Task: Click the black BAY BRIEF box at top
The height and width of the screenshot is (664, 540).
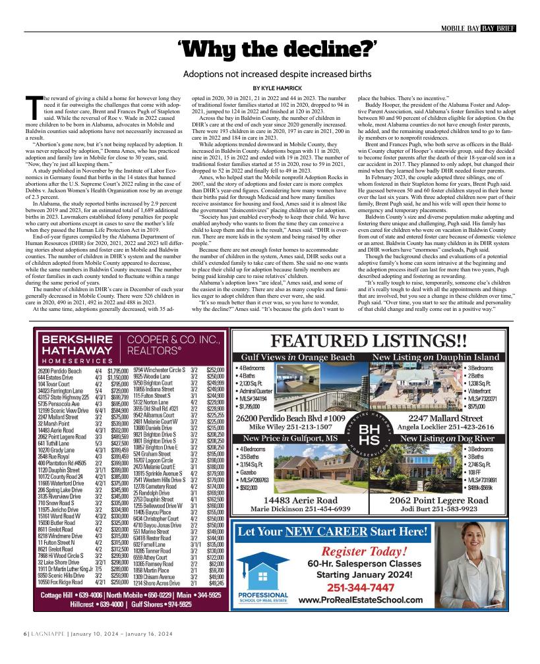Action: [498, 28]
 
